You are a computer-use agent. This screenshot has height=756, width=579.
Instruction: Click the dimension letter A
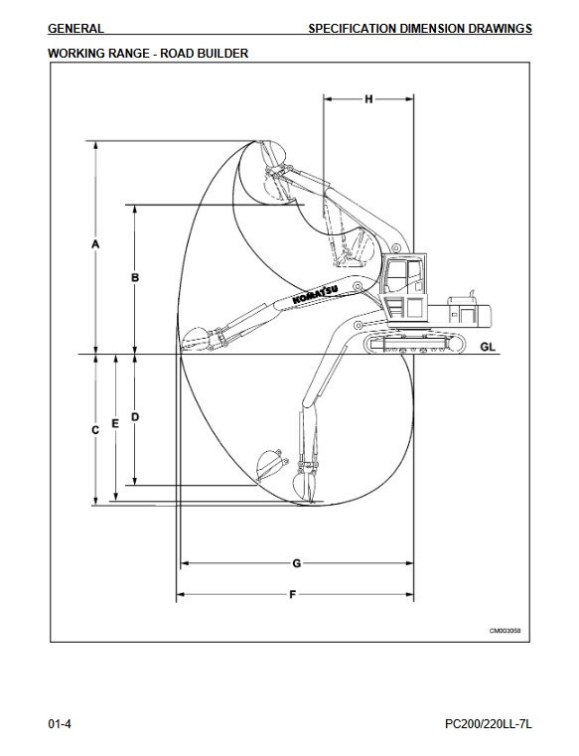point(95,244)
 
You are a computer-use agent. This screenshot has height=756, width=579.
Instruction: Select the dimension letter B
point(135,278)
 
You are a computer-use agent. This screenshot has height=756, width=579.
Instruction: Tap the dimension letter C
point(95,429)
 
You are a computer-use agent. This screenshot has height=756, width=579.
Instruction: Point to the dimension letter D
point(135,416)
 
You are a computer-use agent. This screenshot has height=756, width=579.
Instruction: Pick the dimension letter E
point(115,423)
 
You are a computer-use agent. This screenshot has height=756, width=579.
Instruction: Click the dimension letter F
point(293,594)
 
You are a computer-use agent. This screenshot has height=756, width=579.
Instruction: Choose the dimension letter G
point(297,563)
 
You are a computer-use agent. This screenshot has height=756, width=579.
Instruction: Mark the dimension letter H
point(368,99)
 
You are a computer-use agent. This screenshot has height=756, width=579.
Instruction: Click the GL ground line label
point(488,347)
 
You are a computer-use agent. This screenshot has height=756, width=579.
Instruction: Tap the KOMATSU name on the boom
point(316,295)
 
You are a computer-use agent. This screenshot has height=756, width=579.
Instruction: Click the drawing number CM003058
point(506,631)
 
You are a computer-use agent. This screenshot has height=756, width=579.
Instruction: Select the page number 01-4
point(60,724)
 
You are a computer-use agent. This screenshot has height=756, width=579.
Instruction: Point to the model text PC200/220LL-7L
point(489,724)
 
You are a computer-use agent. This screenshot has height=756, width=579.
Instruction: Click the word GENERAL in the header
point(75,29)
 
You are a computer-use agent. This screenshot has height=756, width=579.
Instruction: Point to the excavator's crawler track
point(415,344)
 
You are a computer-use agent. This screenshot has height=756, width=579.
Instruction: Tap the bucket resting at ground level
point(196,339)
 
